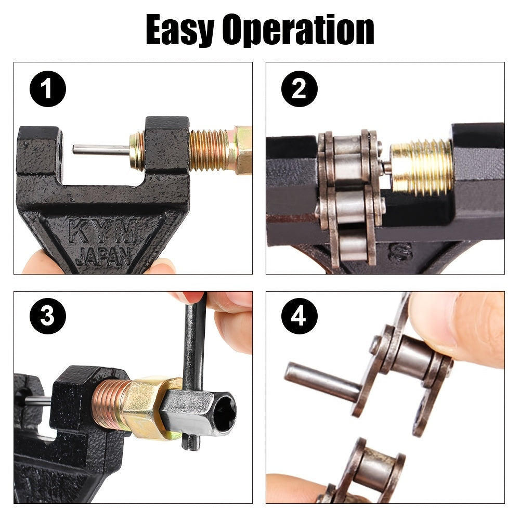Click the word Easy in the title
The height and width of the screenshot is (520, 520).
click(179, 30)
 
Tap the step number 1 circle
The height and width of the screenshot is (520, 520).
click(47, 89)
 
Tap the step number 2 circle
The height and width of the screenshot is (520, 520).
click(299, 89)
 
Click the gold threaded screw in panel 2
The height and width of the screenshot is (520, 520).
click(421, 166)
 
